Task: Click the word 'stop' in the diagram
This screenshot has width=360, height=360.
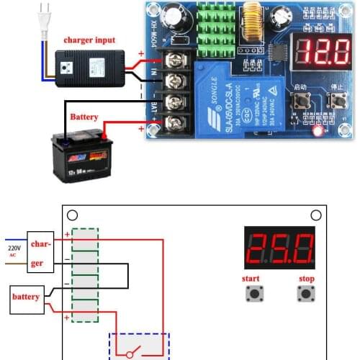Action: pos(306,279)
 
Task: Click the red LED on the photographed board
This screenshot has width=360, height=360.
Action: pos(318,131)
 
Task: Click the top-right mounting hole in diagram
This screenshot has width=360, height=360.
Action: pos(315,215)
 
